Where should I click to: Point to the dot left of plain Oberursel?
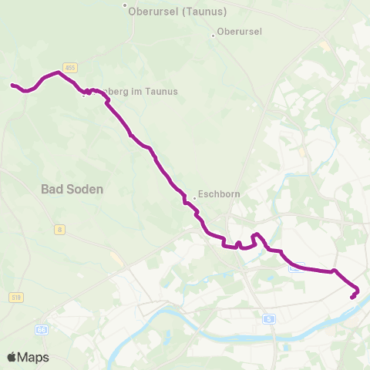tap(214, 34)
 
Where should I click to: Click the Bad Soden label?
tap(72, 188)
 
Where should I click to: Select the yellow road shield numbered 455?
tap(70, 68)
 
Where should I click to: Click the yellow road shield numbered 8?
tap(59, 230)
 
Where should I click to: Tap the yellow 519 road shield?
tap(17, 296)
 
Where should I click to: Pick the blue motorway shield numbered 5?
tap(268, 318)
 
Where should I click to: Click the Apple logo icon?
tap(12, 357)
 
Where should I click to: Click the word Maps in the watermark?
tap(33, 357)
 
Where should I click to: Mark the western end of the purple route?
tap(12, 85)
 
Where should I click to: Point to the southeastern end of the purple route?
tap(352, 298)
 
